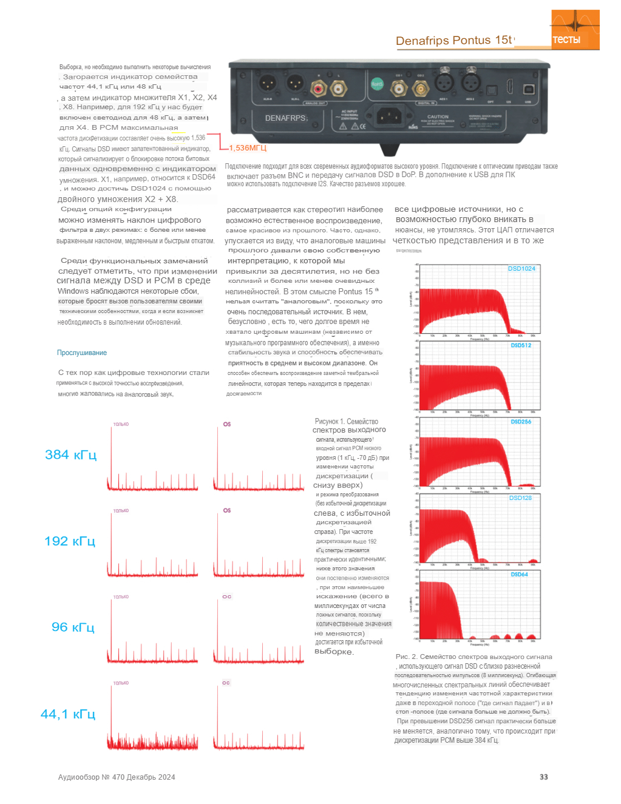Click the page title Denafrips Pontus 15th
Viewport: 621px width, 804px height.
[454, 41]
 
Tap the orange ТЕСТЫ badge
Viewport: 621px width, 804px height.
[566, 40]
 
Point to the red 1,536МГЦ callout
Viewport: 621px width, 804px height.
[248, 148]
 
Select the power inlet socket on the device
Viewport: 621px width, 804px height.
[388, 115]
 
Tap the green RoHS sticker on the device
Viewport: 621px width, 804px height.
[377, 84]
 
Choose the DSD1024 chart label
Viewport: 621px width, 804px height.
[521, 269]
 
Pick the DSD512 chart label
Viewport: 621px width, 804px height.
[521, 345]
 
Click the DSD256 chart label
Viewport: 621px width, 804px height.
[521, 422]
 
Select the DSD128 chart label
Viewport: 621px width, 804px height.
[520, 498]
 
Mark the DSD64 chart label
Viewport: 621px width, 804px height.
[519, 575]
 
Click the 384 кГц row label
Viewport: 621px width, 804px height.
[70, 455]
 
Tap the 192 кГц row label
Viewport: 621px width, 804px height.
[70, 541]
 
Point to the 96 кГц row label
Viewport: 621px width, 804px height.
[73, 627]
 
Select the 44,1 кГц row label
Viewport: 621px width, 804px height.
[68, 714]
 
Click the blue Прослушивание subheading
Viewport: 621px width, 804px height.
[82, 353]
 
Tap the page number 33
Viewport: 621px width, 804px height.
[544, 777]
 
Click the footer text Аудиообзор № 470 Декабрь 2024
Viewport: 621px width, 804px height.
[117, 777]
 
